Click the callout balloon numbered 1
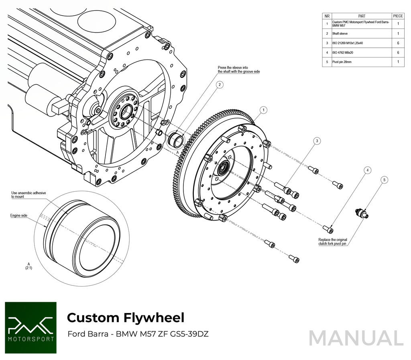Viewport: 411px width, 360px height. coord(263,110)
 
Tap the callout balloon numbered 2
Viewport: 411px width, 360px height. coord(219,85)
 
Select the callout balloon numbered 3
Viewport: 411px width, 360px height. coord(317,141)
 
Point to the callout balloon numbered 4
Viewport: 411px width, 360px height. coord(367,170)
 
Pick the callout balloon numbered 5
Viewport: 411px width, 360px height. coord(385,180)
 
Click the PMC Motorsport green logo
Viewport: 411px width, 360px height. coord(31,327)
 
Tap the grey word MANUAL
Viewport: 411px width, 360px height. coord(356,338)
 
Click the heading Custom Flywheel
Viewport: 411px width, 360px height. coord(126,318)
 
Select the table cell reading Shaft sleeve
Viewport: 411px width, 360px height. coord(340,34)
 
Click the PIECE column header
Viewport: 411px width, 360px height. coord(398,16)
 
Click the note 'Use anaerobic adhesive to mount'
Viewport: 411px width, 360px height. coord(28,195)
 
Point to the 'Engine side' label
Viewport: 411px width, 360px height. coord(19,216)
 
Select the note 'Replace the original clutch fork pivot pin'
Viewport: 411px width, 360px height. coord(332,241)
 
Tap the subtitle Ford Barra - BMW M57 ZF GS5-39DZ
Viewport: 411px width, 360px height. coord(138,334)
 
